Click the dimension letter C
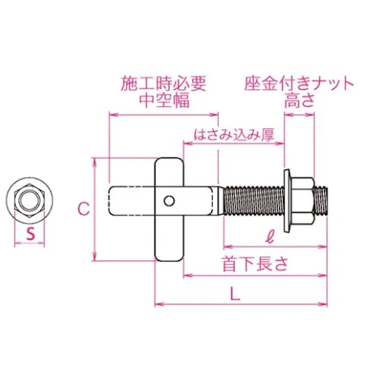coord(82,208)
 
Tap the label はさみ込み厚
coord(233,135)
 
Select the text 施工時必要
coord(164,83)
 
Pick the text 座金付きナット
coord(299,83)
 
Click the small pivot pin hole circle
coord(169,200)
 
